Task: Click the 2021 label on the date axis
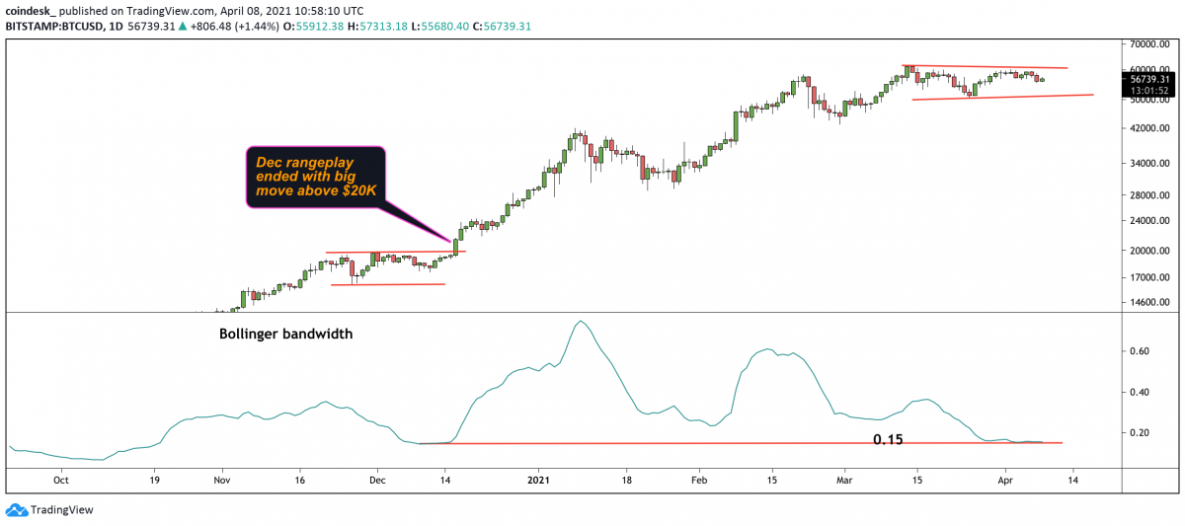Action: (539, 482)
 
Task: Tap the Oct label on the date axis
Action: (60, 482)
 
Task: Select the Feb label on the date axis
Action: (699, 482)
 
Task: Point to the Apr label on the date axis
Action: (1006, 482)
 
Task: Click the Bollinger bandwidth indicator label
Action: (285, 335)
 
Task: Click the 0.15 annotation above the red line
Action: (888, 438)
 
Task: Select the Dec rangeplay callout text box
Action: (314, 178)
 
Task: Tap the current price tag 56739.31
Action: (1149, 79)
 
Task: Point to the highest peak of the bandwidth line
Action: (580, 322)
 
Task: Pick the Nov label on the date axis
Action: (221, 482)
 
